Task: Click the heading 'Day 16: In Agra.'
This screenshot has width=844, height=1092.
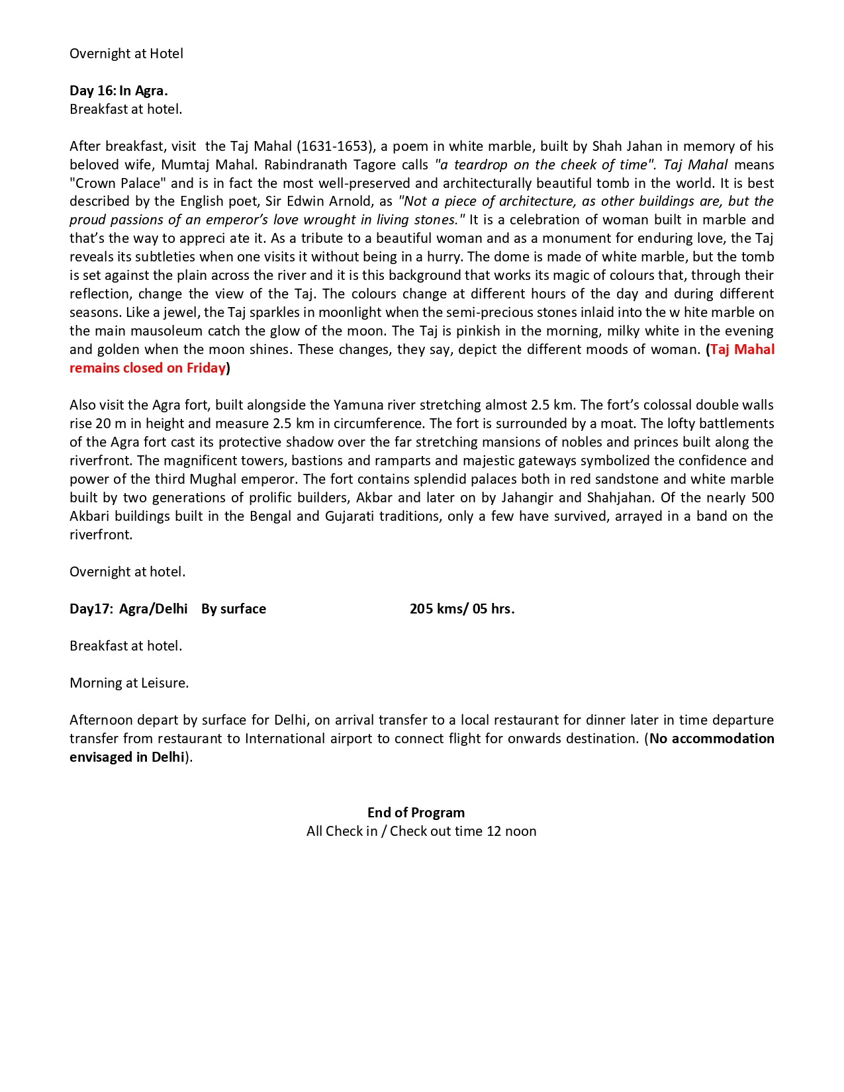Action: click(x=118, y=91)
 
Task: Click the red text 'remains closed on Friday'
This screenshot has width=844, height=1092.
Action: click(x=148, y=368)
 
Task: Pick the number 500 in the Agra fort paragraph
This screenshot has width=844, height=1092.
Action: click(x=763, y=498)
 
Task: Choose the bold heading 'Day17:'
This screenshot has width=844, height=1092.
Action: click(x=91, y=609)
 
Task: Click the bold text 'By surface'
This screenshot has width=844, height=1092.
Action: click(x=234, y=609)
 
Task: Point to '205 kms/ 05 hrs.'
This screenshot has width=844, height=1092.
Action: click(x=462, y=609)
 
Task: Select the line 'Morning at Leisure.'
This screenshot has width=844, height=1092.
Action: click(x=129, y=683)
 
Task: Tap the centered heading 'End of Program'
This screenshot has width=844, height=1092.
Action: click(x=416, y=813)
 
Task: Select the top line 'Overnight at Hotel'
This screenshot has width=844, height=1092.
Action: click(x=126, y=54)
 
